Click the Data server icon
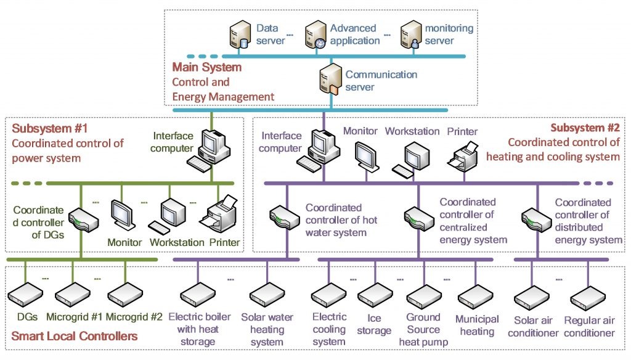[x=238, y=34]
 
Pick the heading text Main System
[x=206, y=67]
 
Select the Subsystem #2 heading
[x=585, y=129]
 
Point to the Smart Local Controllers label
[x=75, y=337]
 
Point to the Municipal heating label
[x=476, y=325]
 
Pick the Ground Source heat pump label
[x=423, y=329]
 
